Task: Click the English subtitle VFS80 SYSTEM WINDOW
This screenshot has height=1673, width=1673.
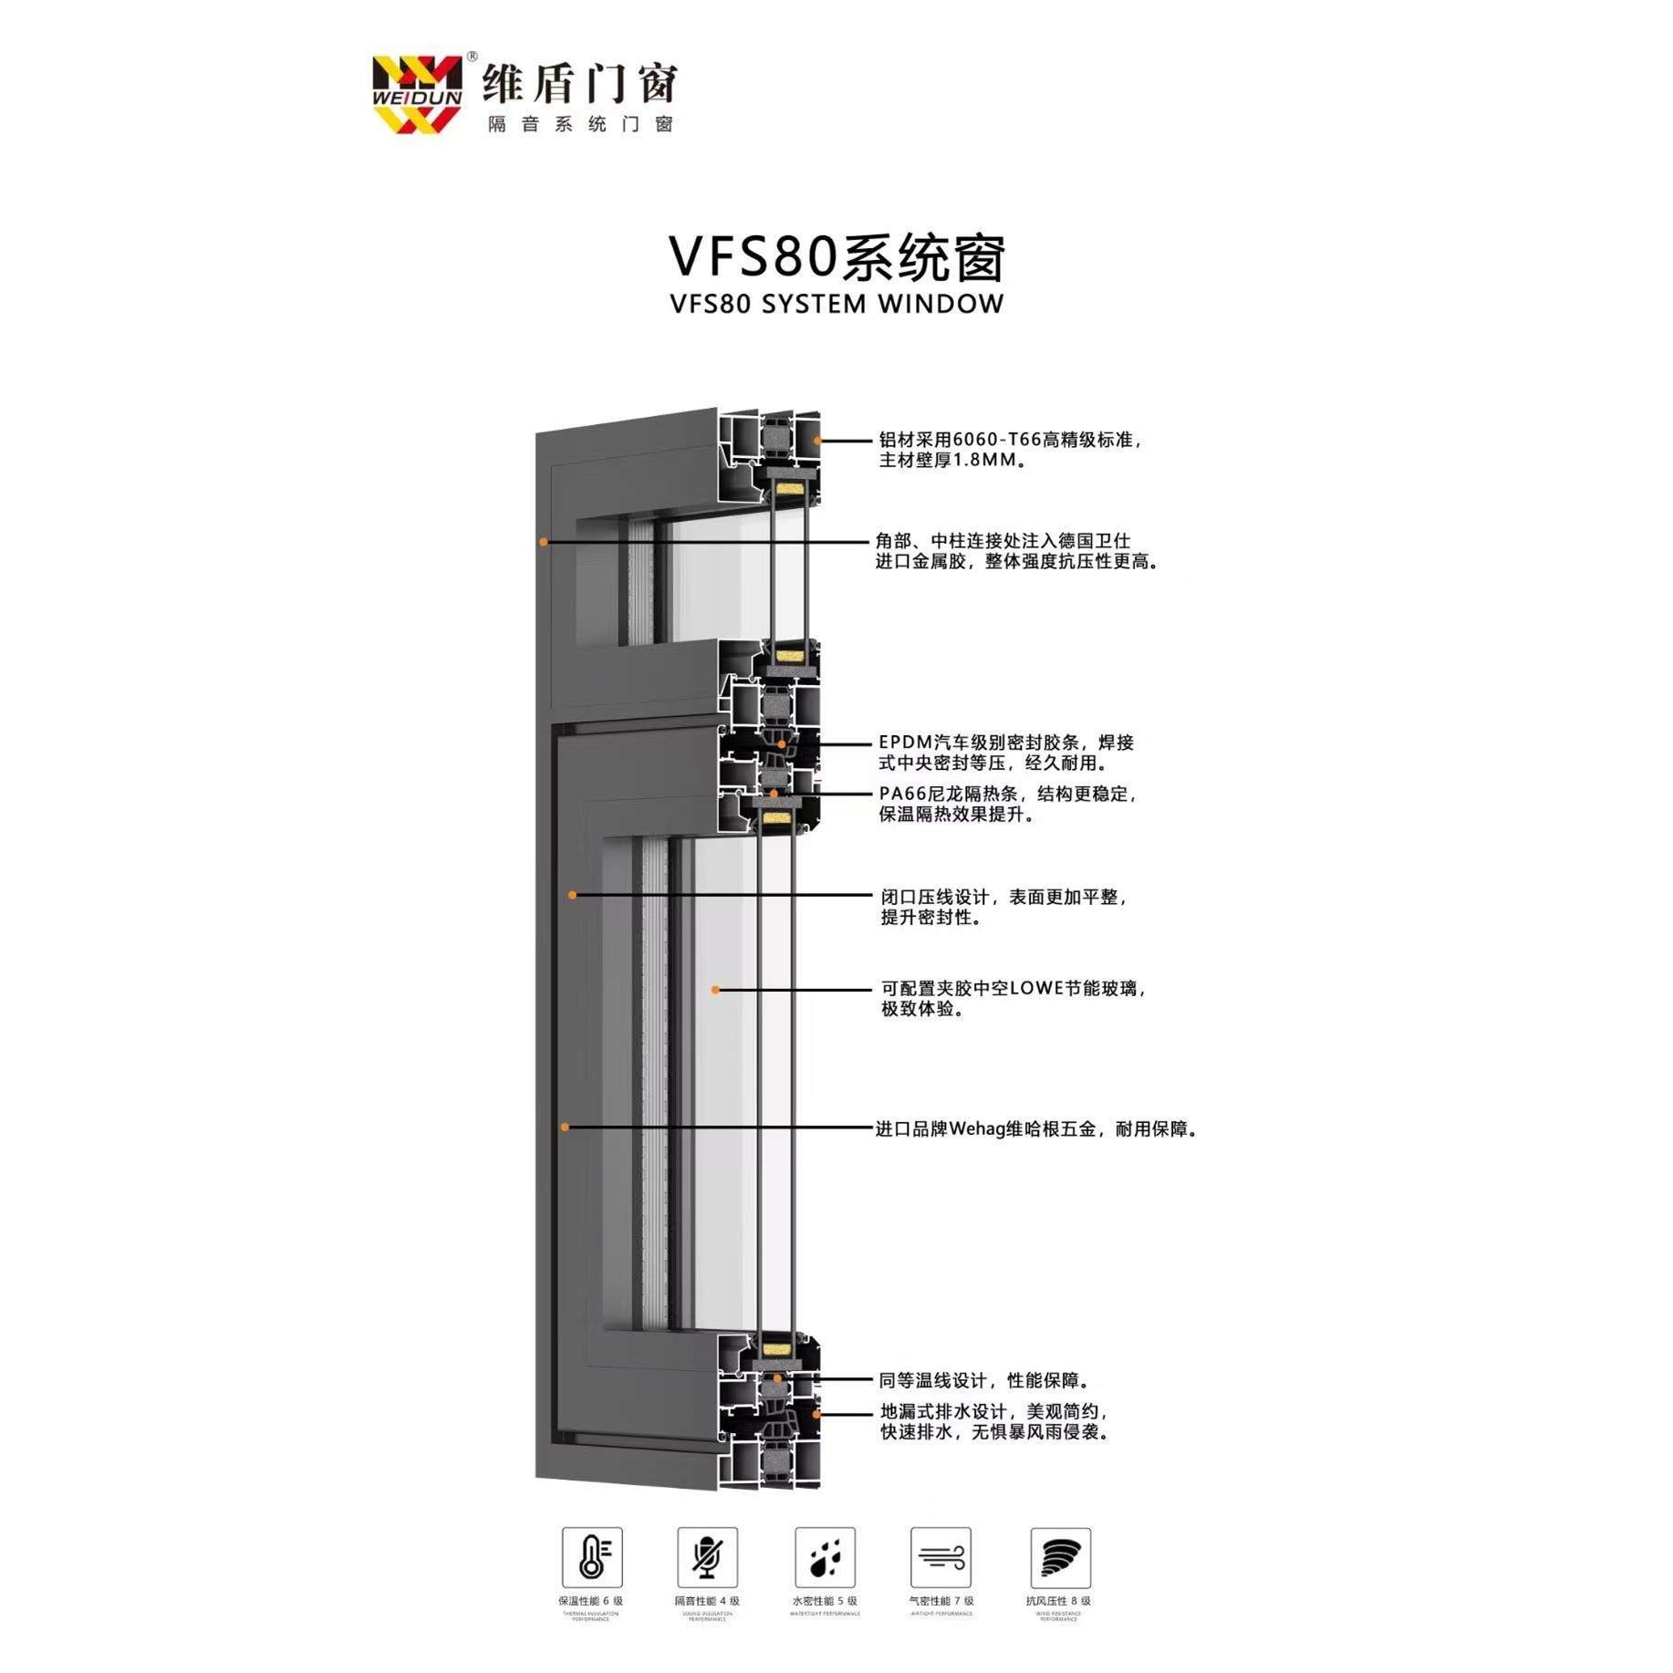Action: point(836,304)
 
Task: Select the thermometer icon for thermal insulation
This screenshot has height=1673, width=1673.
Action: point(592,1557)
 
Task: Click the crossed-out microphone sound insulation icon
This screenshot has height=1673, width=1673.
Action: point(707,1557)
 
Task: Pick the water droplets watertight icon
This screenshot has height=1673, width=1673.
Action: point(825,1557)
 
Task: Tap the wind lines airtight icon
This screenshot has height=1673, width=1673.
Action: point(940,1557)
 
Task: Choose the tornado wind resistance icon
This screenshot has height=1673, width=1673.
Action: point(1060,1557)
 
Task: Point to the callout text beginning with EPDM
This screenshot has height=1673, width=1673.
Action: point(1005,753)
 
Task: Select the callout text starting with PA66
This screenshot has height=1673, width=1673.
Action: point(1007,804)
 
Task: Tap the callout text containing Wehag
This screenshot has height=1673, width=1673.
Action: point(1035,1129)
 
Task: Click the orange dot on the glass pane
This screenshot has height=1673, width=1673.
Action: point(716,990)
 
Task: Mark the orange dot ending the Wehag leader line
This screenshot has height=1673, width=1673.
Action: point(566,1127)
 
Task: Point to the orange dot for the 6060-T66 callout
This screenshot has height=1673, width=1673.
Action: point(818,441)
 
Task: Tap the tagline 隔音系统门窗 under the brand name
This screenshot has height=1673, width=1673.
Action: point(580,124)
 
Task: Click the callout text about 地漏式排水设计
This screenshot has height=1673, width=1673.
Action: point(994,1422)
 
